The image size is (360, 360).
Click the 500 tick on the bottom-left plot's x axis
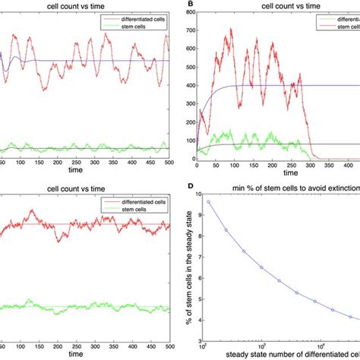[168, 346]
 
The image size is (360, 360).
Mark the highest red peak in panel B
[230, 30]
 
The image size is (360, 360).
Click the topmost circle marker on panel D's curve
[209, 202]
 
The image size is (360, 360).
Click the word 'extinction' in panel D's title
[339, 185]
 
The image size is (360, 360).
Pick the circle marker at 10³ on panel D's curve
[261, 267]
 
